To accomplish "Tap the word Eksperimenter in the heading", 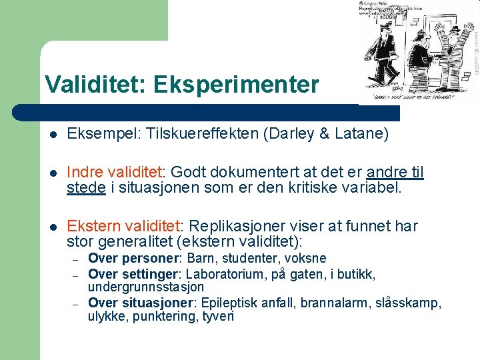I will (x=236, y=85).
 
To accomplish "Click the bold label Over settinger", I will (x=134, y=273).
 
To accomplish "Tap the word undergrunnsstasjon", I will (x=146, y=287).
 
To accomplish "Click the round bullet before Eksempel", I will (x=53, y=135).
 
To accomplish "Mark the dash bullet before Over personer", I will (x=76, y=259).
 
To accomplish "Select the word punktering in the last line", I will (x=163, y=317).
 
